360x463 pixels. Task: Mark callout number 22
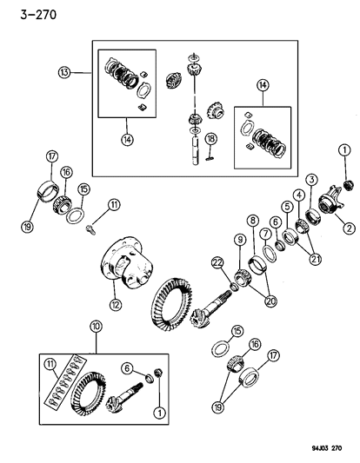(x=216, y=261)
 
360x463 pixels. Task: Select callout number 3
(x=310, y=179)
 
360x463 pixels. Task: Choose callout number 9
(x=237, y=240)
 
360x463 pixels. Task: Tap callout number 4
(x=300, y=196)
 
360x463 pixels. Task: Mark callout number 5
(x=286, y=208)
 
